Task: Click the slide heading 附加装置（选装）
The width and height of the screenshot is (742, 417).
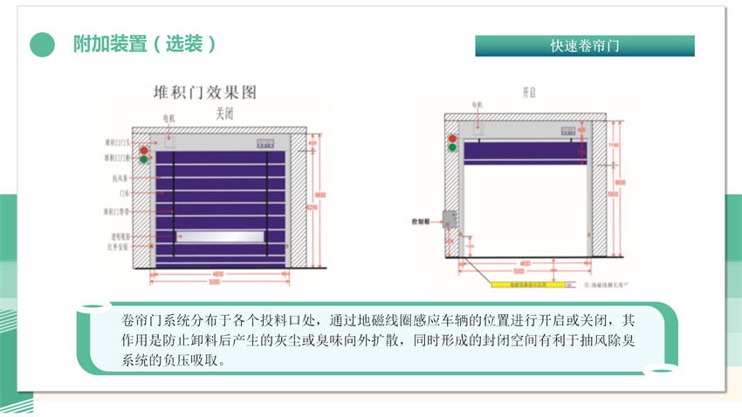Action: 144,44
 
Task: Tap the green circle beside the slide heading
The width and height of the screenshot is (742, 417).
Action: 43,44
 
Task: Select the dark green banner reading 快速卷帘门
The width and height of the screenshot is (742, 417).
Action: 584,45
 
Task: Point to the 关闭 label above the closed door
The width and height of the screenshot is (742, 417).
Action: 224,113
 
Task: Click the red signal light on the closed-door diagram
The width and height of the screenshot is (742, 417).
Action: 142,146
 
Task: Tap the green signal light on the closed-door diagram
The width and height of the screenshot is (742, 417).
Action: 142,159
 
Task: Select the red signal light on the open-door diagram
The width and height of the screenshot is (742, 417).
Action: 452,138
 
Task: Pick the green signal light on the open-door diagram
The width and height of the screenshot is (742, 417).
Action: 452,148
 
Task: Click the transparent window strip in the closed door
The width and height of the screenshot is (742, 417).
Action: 219,235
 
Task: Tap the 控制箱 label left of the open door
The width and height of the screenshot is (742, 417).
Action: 423,222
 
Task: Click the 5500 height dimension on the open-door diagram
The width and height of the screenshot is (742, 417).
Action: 613,193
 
